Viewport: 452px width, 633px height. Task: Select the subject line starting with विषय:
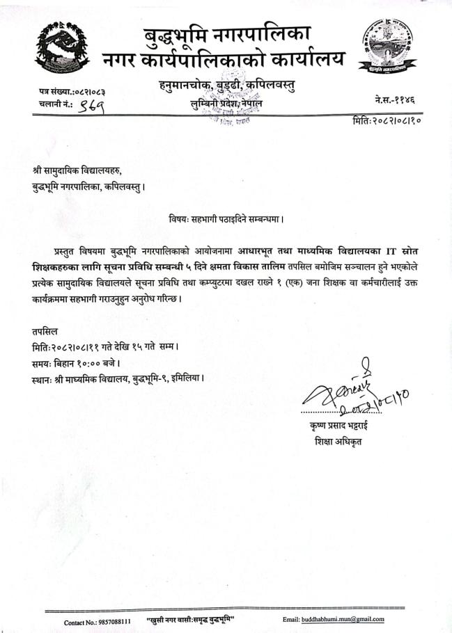(226, 217)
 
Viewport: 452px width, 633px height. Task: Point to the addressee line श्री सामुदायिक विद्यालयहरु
(81, 168)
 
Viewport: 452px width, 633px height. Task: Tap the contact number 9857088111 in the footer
(112, 620)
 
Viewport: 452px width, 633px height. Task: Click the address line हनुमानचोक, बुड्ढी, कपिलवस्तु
(225, 86)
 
